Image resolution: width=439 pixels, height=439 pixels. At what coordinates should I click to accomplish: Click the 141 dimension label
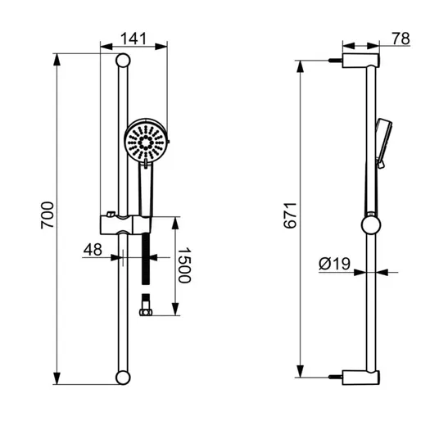click(x=134, y=38)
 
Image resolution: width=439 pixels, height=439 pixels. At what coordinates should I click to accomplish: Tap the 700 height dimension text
click(x=47, y=215)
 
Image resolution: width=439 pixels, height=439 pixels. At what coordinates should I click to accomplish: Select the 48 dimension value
click(x=93, y=250)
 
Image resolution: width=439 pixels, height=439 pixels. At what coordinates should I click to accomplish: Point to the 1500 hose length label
click(x=184, y=265)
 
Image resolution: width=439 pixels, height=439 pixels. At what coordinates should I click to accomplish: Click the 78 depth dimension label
click(x=401, y=38)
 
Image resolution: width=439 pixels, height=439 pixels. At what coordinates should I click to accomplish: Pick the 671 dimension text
click(x=290, y=215)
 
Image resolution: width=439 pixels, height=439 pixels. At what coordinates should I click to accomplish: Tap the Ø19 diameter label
click(x=334, y=264)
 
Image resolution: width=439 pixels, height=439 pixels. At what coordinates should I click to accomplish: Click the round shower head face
click(x=146, y=143)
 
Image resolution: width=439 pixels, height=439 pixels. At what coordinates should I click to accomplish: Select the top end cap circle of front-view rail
click(x=123, y=60)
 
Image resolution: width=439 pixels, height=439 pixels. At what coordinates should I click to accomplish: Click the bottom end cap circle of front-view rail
click(x=123, y=378)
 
